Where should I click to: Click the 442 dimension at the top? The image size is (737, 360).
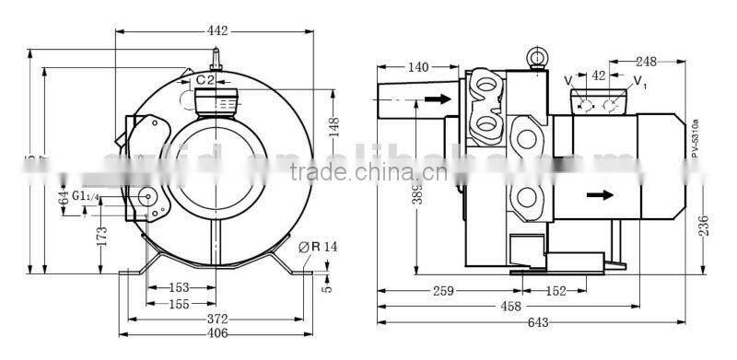point(217,31)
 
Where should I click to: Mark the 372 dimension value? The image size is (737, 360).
point(216,318)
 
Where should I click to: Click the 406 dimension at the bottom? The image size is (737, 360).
point(216,334)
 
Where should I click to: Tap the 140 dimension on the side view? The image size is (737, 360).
point(417,67)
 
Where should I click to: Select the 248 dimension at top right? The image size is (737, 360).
point(645,62)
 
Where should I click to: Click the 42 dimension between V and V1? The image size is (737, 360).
point(598,75)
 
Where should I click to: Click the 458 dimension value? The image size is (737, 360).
point(510,306)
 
